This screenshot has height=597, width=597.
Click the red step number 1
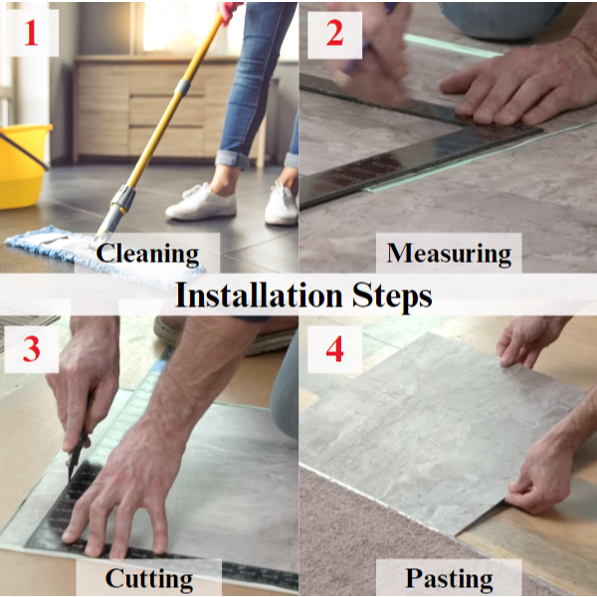point(31,33)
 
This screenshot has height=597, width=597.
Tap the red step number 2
point(334,33)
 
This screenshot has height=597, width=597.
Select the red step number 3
point(31,349)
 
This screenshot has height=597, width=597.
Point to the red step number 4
point(334,349)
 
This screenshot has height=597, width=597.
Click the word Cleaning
point(147,253)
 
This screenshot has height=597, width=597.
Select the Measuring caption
point(449,253)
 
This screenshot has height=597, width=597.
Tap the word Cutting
point(149,579)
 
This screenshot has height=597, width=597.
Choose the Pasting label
point(449,579)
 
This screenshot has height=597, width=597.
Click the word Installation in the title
point(259,296)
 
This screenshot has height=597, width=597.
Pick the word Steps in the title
point(392,298)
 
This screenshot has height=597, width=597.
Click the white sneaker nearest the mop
point(201,203)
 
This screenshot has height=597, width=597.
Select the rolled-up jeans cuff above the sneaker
point(233,159)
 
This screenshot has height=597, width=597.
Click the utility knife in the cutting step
point(79,442)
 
